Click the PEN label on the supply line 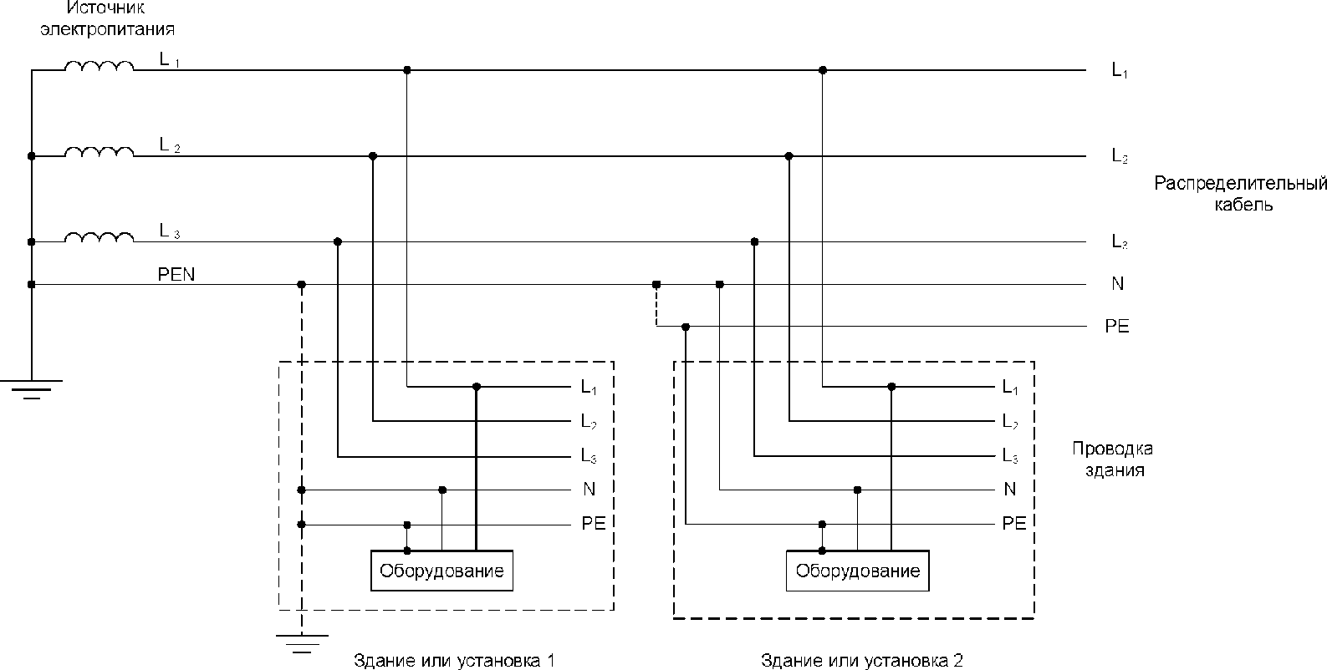tap(176, 274)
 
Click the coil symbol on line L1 tap(99, 66)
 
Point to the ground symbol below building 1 tap(302, 641)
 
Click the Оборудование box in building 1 tap(441, 571)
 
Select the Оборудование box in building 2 tap(857, 571)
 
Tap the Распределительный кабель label tap(1241, 194)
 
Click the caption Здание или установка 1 tap(455, 660)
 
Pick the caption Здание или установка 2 tap(862, 660)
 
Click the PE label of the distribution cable tap(1117, 327)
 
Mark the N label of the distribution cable tap(1117, 284)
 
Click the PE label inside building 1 tap(593, 524)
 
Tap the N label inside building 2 tap(1009, 489)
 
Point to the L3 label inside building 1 tap(589, 456)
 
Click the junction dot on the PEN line tap(302, 285)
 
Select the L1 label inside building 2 tap(1010, 388)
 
